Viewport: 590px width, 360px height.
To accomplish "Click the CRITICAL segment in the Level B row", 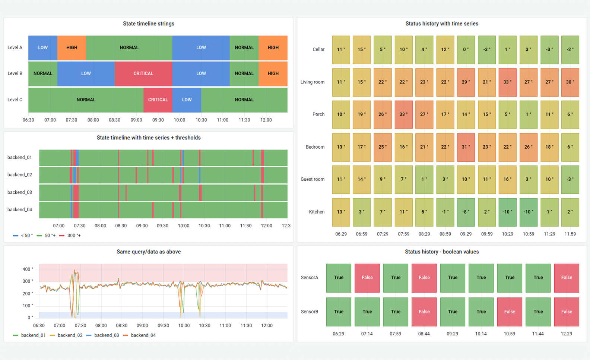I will (143, 74).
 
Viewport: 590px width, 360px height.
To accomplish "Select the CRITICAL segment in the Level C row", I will (158, 100).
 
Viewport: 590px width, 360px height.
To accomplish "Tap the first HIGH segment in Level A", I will (72, 48).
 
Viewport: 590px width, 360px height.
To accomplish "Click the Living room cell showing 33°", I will (507, 82).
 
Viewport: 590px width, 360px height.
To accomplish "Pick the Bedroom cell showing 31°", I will (466, 147).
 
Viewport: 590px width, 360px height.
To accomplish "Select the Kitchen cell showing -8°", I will (466, 212).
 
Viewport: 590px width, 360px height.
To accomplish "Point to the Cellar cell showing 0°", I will (466, 50).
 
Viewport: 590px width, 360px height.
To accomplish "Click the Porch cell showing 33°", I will (403, 114).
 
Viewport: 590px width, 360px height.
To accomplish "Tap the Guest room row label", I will (312, 179).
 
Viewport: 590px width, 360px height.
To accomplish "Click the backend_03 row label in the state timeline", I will (20, 192).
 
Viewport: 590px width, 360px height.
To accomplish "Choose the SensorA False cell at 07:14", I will (367, 278).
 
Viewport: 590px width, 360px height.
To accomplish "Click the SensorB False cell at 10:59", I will (509, 312).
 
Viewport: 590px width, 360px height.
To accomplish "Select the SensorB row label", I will (310, 312).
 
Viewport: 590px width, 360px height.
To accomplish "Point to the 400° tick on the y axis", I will (28, 269).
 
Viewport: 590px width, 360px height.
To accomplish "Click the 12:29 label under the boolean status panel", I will (566, 334).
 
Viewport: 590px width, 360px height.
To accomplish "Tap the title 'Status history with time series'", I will (442, 24).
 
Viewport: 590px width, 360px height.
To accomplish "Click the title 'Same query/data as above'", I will (149, 252).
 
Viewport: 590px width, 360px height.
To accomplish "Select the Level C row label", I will (15, 100).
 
